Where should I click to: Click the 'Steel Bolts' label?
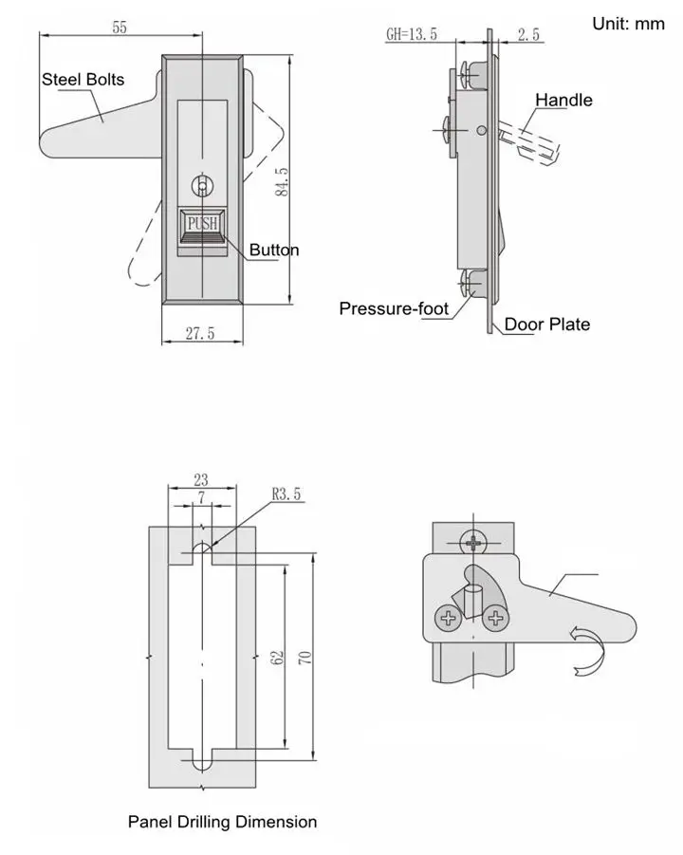pos(83,80)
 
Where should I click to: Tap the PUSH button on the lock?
pos(202,224)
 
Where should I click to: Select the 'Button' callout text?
pos(274,251)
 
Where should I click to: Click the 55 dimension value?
pos(120,28)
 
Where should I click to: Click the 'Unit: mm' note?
pos(628,24)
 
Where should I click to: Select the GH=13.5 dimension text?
pos(412,35)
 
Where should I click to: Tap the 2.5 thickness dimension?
pos(529,35)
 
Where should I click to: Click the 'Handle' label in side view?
pos(563,101)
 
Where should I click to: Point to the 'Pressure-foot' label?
pos(394,308)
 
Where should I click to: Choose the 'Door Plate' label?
pos(546,325)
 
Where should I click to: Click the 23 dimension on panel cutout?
pos(200,481)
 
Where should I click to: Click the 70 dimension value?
pos(305,658)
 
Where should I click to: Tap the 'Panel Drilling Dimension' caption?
pos(222,822)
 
